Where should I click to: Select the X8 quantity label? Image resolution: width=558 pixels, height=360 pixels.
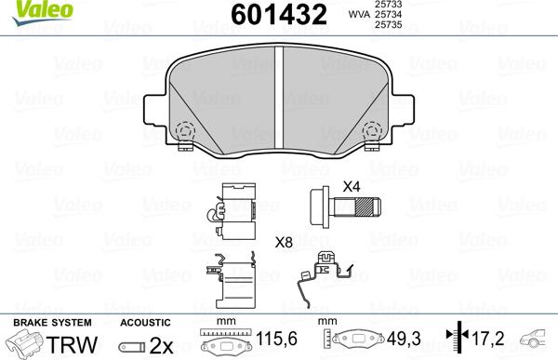coord(285,242)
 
